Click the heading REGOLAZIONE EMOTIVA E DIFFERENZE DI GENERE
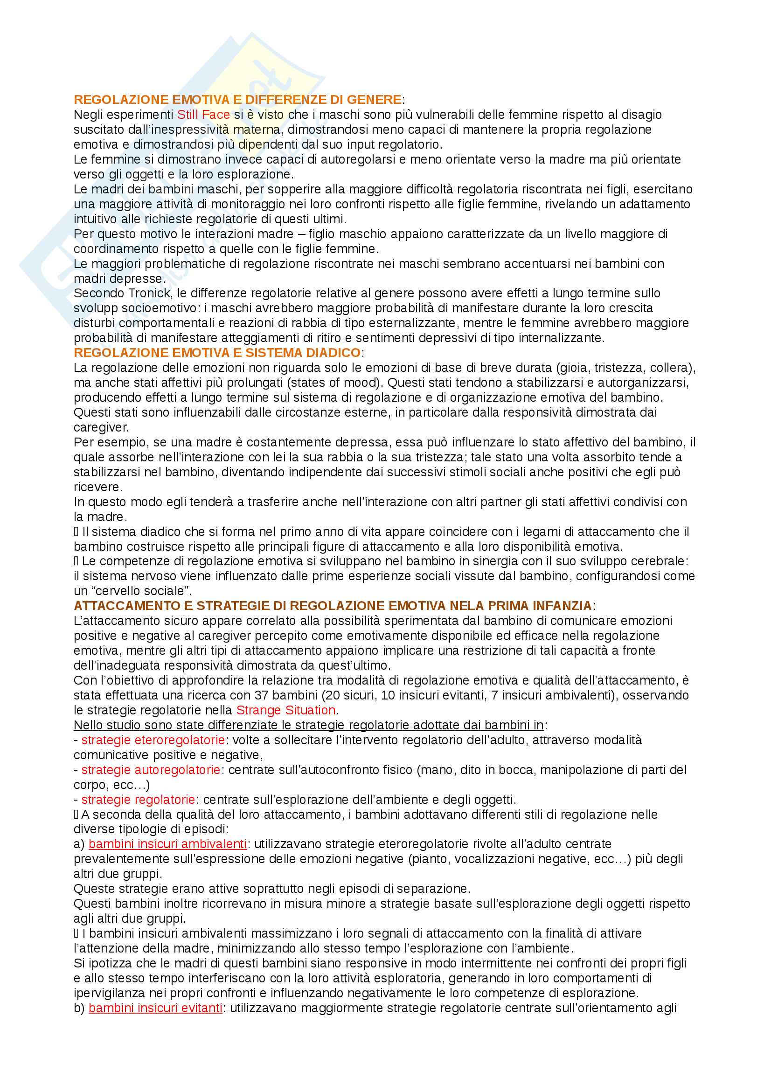coord(237,100)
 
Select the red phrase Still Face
coord(203,115)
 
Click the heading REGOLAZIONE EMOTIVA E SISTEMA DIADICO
coord(217,353)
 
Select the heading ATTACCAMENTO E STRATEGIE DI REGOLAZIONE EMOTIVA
coord(333,606)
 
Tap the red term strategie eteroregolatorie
coord(153,740)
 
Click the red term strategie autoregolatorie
coord(151,769)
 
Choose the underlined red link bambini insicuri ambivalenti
coord(167,844)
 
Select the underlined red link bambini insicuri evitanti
coord(155,1008)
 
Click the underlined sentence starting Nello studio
coord(309,725)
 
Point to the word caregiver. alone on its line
coord(101,427)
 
